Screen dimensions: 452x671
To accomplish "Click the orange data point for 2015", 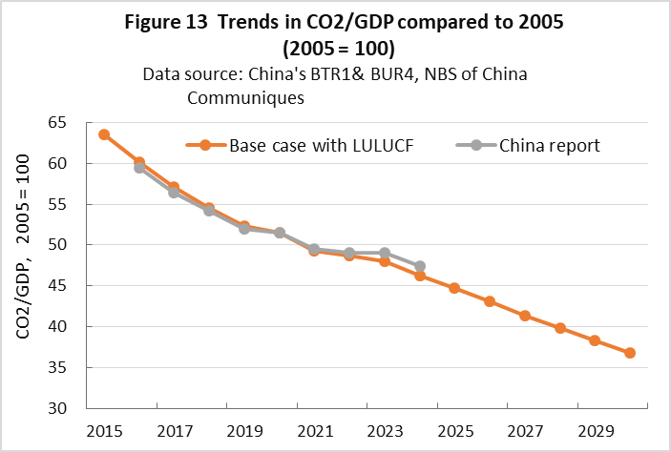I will pyautogui.click(x=103, y=134).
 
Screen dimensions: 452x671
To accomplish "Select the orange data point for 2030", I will pyautogui.click(x=630, y=353).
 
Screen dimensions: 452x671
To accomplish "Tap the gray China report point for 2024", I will pyautogui.click(x=420, y=266).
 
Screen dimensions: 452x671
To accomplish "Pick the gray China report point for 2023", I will pyautogui.click(x=385, y=253).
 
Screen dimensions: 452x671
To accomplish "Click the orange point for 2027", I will pyautogui.click(x=525, y=316).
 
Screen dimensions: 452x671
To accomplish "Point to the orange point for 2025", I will pyautogui.click(x=454, y=288).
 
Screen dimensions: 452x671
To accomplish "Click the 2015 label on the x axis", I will pyautogui.click(x=103, y=429).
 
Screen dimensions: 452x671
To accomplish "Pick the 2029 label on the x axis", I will pyautogui.click(x=595, y=429).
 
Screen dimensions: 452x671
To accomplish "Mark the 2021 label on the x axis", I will pyautogui.click(x=314, y=429).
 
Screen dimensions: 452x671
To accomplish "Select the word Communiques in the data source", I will pyautogui.click(x=245, y=97).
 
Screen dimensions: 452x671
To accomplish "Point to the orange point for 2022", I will pyautogui.click(x=349, y=256).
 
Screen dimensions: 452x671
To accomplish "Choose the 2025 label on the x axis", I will pyautogui.click(x=454, y=429).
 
